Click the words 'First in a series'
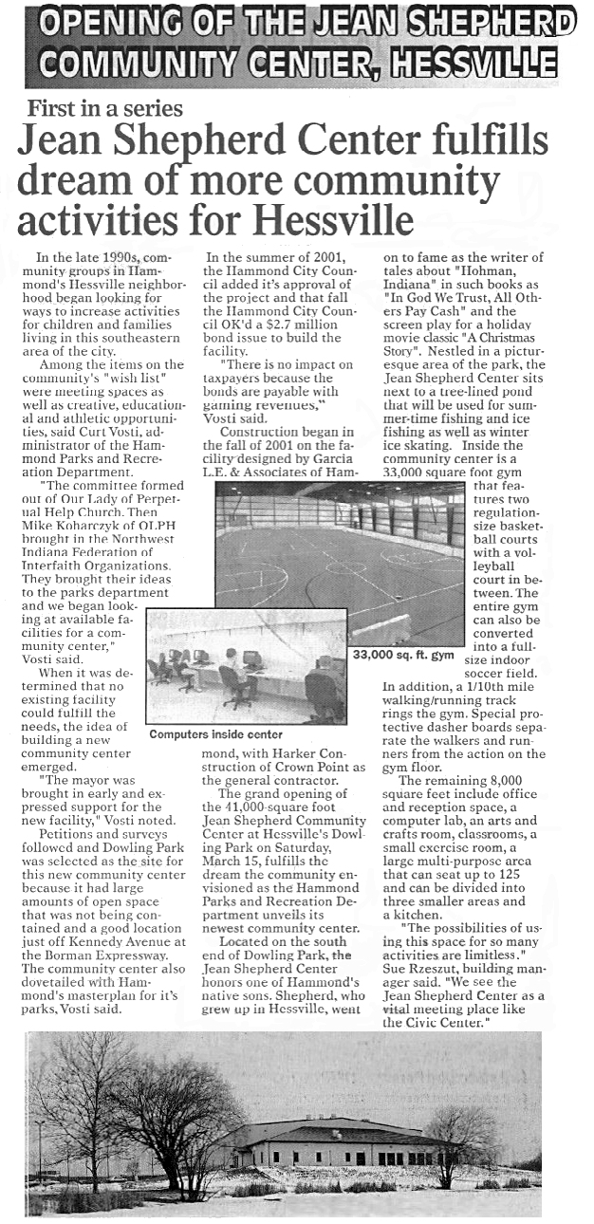tap(105, 107)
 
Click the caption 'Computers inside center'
tap(215, 733)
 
